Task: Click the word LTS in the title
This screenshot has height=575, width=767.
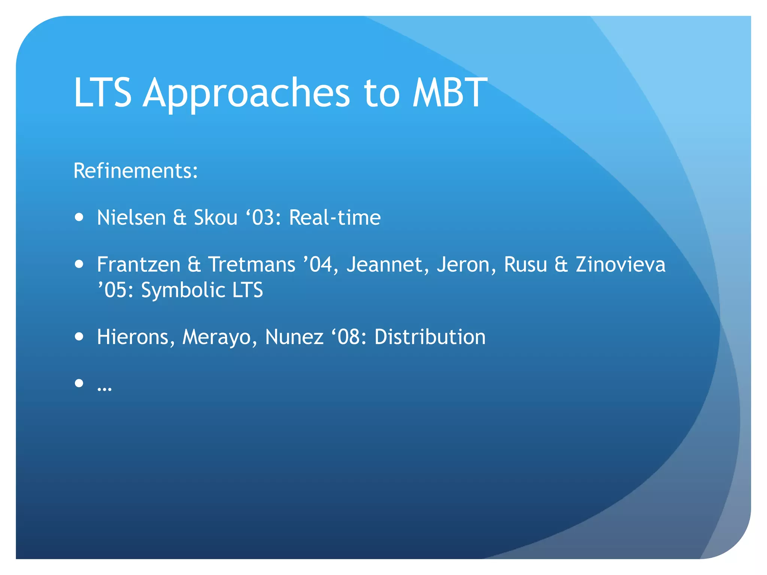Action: (x=103, y=92)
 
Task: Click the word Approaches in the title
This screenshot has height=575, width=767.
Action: (x=246, y=94)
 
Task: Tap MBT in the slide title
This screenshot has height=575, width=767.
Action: (x=449, y=92)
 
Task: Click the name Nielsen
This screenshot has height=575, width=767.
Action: (x=131, y=217)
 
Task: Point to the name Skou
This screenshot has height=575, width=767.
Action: (x=215, y=217)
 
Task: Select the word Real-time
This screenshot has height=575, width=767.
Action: (x=335, y=217)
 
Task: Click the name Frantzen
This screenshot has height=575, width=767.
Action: (x=139, y=265)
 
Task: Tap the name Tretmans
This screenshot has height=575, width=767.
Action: (x=252, y=265)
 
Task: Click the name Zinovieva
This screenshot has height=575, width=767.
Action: (x=621, y=265)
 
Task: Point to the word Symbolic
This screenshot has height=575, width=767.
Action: (x=183, y=290)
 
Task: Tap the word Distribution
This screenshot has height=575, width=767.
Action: (x=430, y=337)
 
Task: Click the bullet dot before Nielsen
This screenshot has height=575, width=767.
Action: (x=79, y=217)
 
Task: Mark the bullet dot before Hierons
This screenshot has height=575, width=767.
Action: (x=79, y=337)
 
